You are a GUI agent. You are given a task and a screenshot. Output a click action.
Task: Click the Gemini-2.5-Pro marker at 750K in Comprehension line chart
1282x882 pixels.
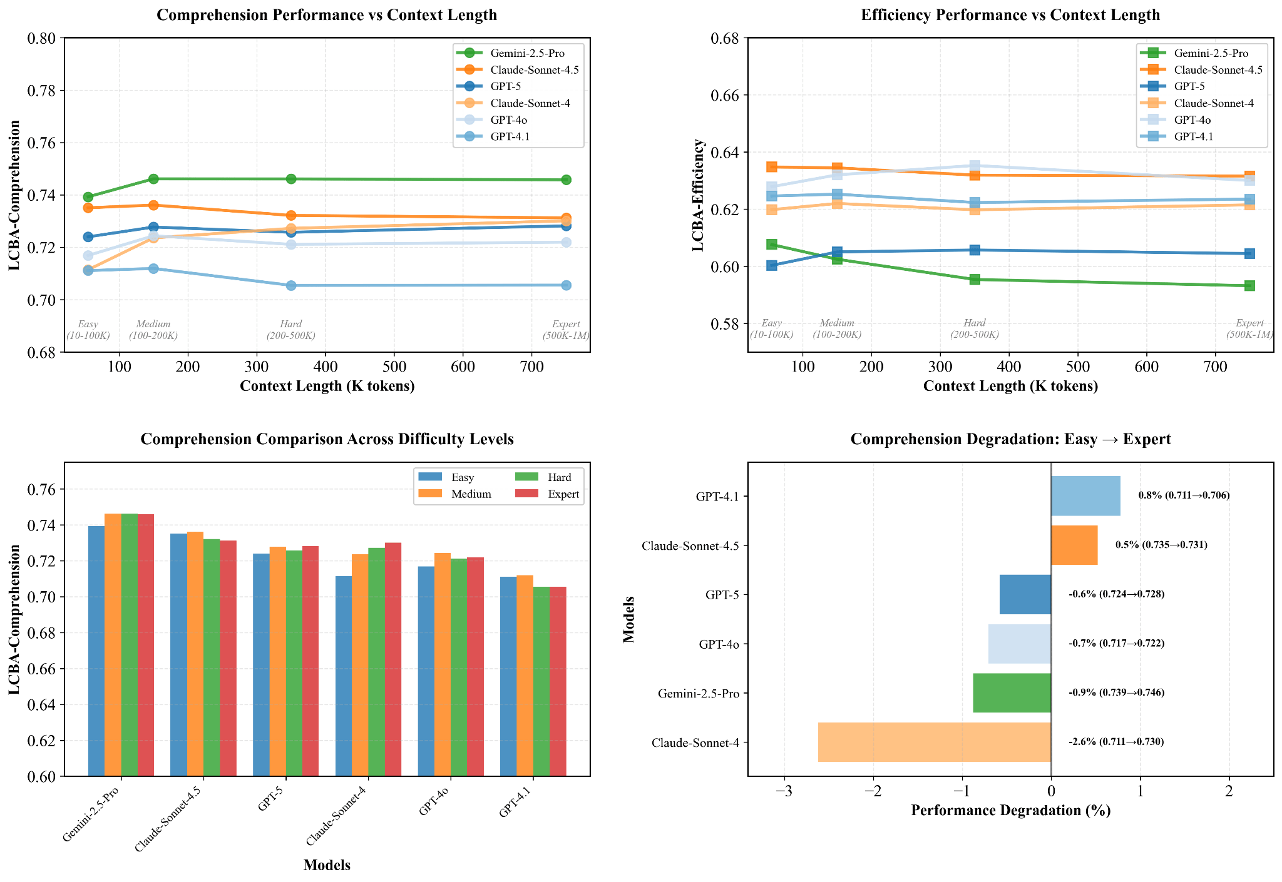(x=566, y=180)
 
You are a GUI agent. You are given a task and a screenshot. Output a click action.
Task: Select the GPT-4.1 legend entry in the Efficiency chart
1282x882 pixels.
(x=1193, y=136)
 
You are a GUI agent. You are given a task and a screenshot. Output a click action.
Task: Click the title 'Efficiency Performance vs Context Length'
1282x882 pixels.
(x=1010, y=15)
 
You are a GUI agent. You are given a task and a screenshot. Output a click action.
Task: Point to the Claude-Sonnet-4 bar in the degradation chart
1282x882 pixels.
(x=934, y=743)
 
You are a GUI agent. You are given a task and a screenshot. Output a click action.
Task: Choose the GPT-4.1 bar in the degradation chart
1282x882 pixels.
(x=1085, y=496)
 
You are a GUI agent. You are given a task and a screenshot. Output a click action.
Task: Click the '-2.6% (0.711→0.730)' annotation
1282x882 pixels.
(x=1116, y=742)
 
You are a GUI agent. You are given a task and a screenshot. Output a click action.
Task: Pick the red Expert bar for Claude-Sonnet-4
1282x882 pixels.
(x=393, y=659)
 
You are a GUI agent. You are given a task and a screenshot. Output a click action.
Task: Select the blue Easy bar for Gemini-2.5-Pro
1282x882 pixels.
(x=96, y=651)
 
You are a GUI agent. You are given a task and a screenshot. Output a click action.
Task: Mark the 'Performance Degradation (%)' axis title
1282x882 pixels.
(x=1010, y=811)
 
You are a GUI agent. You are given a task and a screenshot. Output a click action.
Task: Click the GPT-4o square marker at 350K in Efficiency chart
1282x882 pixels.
(x=975, y=166)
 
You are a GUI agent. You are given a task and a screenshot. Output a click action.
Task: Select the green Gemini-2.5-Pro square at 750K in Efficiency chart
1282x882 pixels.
(x=1249, y=286)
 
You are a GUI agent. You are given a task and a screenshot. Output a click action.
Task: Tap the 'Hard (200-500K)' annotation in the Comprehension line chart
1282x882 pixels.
(x=291, y=330)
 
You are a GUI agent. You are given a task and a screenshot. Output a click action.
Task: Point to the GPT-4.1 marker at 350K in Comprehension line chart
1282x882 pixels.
(x=291, y=285)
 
